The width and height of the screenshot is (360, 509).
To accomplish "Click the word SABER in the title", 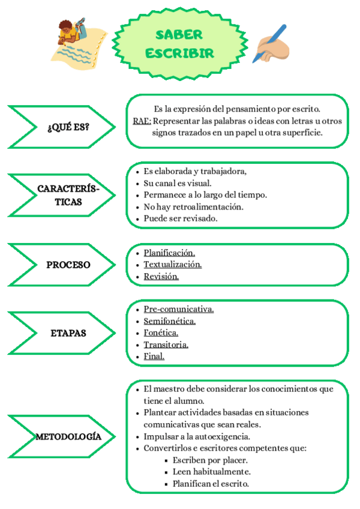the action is pos(178,35).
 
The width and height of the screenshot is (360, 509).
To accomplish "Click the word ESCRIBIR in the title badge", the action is pos(179,53).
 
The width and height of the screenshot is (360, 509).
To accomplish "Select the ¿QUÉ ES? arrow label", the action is pos(68,127).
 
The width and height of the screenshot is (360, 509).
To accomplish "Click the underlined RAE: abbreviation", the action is pos(142,121).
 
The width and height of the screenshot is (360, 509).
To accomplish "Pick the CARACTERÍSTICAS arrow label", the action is pos(68,196).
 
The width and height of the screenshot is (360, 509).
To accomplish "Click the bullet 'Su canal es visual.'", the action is pos(178,183).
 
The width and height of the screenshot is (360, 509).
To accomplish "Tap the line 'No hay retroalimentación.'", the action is pos(193,206).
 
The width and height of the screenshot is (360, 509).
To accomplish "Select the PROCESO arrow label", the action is pos(68,265).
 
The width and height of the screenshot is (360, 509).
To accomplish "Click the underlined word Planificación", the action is pos(169,253).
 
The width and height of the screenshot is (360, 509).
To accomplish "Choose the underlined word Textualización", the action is pos(172,265).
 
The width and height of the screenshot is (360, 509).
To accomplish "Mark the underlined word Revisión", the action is pos(161,277).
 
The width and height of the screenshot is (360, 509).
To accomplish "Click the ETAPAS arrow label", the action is pos(68,333).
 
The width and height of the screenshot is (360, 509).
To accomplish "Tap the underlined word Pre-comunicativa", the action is pos(179,309).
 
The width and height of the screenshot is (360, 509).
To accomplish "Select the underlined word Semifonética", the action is pos(170,321).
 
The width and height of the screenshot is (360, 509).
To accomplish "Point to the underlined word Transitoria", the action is pos(166,345).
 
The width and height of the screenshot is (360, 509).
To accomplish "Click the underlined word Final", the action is pos(154,356).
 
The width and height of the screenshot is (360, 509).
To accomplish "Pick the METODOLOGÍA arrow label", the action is pos(68,436).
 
